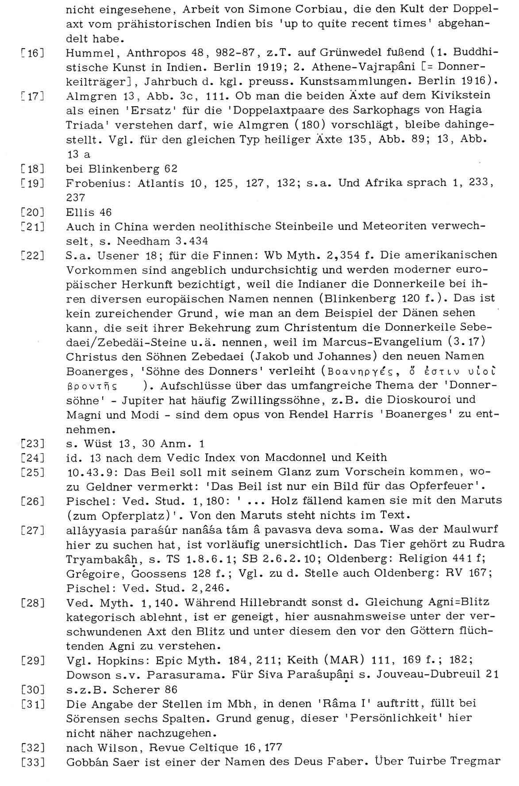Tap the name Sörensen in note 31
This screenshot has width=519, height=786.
[93, 719]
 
